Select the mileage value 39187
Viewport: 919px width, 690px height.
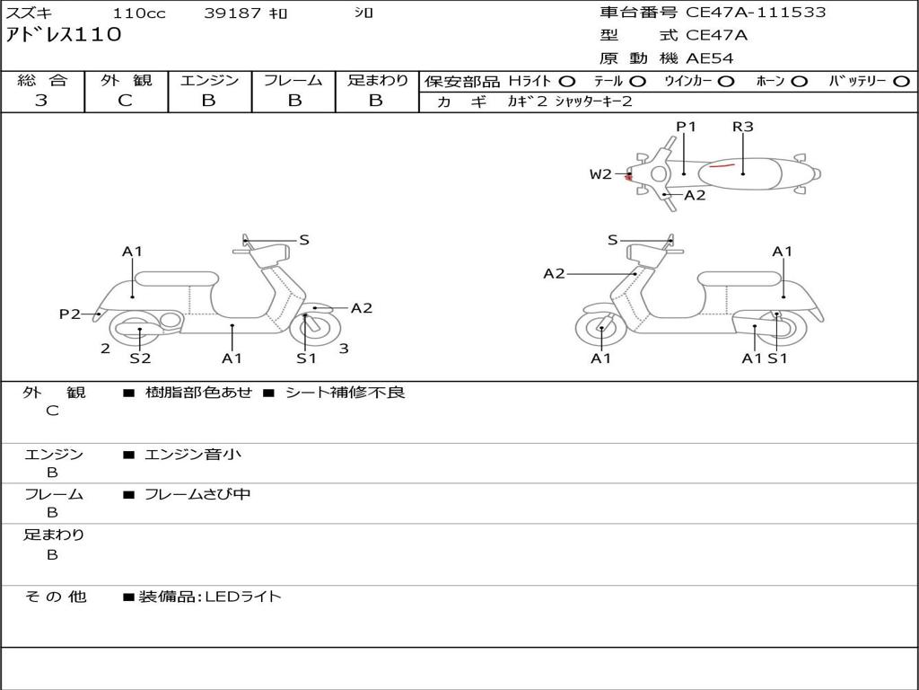[x=232, y=13]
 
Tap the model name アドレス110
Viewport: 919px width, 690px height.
[x=64, y=35]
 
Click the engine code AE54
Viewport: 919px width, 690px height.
[x=710, y=58]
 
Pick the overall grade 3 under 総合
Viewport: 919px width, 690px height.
[x=41, y=101]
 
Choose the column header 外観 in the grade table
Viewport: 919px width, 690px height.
[x=126, y=80]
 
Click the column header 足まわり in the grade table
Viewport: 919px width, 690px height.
[x=377, y=80]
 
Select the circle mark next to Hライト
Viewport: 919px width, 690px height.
[x=567, y=81]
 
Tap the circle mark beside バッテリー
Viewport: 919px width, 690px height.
[x=901, y=81]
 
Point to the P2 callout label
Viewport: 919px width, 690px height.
[x=70, y=314]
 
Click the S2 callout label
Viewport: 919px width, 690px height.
[x=140, y=358]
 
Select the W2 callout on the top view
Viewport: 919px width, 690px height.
[x=600, y=174]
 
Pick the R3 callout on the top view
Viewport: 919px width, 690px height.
[x=742, y=127]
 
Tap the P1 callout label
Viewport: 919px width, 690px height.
[x=686, y=127]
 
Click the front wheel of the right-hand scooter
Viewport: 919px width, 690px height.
[x=600, y=330]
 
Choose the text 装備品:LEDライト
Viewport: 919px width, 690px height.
[x=210, y=596]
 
